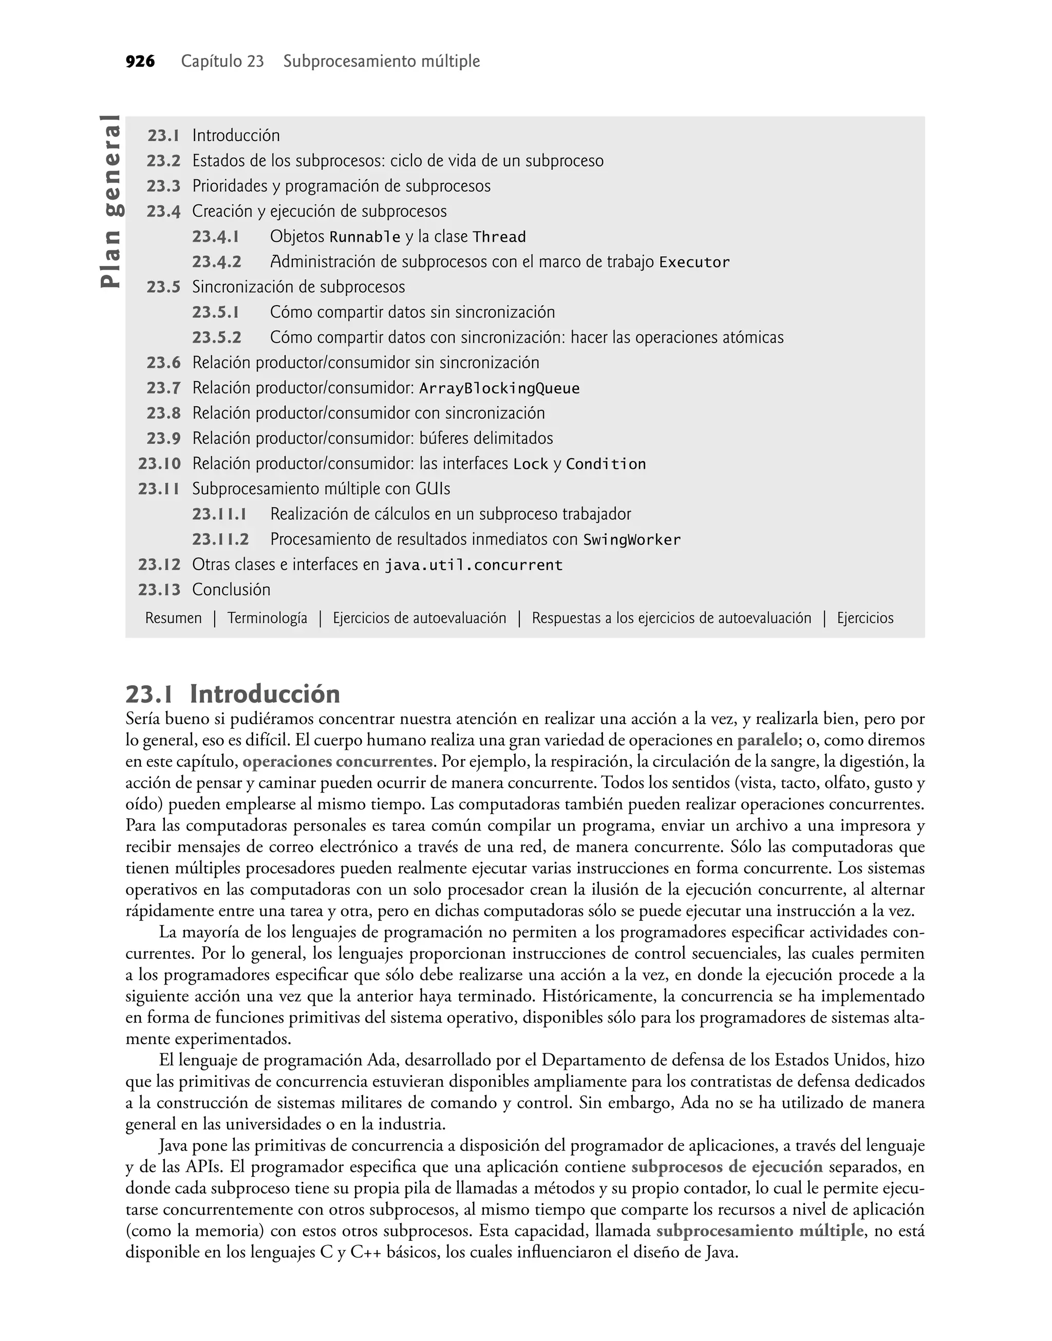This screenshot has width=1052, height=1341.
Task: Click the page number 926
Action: click(x=140, y=62)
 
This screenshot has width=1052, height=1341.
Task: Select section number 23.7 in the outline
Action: click(x=163, y=388)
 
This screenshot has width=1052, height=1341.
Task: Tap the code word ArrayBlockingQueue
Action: click(x=499, y=388)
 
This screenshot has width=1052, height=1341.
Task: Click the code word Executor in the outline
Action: click(x=694, y=262)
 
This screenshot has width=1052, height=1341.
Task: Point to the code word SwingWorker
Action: click(x=632, y=540)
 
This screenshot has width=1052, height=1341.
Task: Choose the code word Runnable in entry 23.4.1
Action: click(x=365, y=237)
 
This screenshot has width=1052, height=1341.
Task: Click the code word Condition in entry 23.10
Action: click(x=606, y=464)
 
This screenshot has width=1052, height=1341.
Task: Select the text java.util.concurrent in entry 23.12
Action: click(x=473, y=565)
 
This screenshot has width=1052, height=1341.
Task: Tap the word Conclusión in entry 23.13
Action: click(x=231, y=590)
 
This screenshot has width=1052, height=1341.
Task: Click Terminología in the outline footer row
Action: click(x=267, y=618)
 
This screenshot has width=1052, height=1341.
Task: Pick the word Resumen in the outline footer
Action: click(x=173, y=618)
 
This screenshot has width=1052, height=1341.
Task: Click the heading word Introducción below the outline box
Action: click(x=265, y=694)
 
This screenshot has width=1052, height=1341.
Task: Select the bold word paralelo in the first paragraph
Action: click(x=767, y=740)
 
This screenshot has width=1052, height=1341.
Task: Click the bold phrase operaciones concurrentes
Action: click(x=337, y=762)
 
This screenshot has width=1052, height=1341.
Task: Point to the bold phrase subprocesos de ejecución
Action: click(x=727, y=1167)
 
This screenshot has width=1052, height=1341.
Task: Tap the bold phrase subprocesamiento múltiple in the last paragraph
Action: click(x=759, y=1231)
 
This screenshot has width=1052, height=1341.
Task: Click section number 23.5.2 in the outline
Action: click(x=216, y=337)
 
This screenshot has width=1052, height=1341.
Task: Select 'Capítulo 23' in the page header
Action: click(x=222, y=62)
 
